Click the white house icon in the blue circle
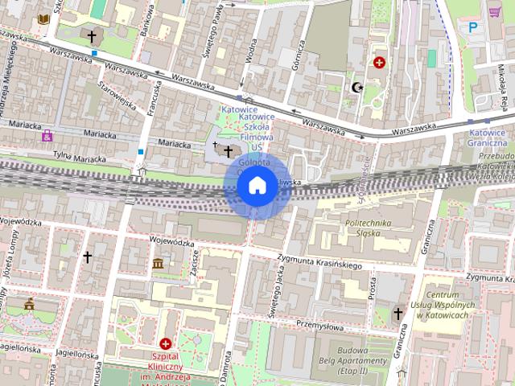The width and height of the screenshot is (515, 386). (x=257, y=186)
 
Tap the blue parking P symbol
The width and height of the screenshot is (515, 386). (x=472, y=27)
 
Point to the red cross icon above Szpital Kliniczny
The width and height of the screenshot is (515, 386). (x=165, y=343)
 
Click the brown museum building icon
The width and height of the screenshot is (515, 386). (x=158, y=264)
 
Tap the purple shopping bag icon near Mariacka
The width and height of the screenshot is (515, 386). (x=47, y=135)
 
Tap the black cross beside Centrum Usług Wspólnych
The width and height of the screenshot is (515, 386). (x=398, y=313)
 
